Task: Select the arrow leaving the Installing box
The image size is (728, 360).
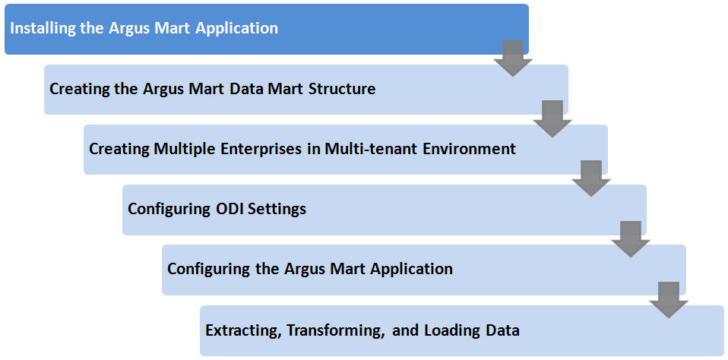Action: click(513, 58)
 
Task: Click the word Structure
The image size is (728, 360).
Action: click(342, 88)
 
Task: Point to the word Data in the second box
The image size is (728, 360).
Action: click(248, 88)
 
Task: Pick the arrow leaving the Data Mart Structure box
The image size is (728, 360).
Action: click(552, 118)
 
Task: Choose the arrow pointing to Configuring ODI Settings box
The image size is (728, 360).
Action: click(591, 178)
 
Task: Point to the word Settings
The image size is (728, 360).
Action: click(277, 209)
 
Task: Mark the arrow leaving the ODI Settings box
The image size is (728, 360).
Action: click(630, 239)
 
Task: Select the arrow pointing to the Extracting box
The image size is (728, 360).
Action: click(669, 300)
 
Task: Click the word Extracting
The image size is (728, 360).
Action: click(243, 331)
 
